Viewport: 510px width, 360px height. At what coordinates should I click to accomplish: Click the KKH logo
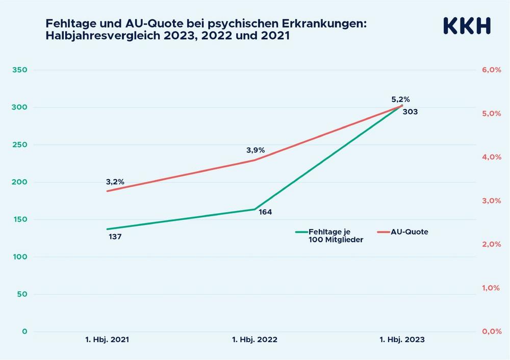pyautogui.click(x=467, y=25)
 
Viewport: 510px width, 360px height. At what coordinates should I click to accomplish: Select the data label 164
pyautogui.click(x=265, y=212)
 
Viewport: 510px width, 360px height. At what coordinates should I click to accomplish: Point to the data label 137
pyautogui.click(x=115, y=237)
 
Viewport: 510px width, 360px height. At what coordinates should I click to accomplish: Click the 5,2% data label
pyautogui.click(x=400, y=99)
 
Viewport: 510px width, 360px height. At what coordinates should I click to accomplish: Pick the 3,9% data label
pyautogui.click(x=256, y=150)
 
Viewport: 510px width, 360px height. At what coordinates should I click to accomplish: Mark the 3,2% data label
pyautogui.click(x=115, y=182)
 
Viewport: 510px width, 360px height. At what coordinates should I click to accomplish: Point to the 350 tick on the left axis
pyautogui.click(x=19, y=70)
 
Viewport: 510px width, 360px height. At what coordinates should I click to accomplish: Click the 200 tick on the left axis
pyautogui.click(x=19, y=182)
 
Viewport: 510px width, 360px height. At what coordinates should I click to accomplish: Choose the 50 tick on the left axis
pyautogui.click(x=21, y=294)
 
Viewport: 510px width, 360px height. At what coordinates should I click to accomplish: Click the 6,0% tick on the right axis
pyautogui.click(x=492, y=70)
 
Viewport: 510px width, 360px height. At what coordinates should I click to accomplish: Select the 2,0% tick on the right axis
pyautogui.click(x=492, y=244)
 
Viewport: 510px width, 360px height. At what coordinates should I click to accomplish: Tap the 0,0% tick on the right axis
pyautogui.click(x=492, y=331)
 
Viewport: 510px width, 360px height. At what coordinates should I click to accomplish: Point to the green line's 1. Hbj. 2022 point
pyautogui.click(x=254, y=209)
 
